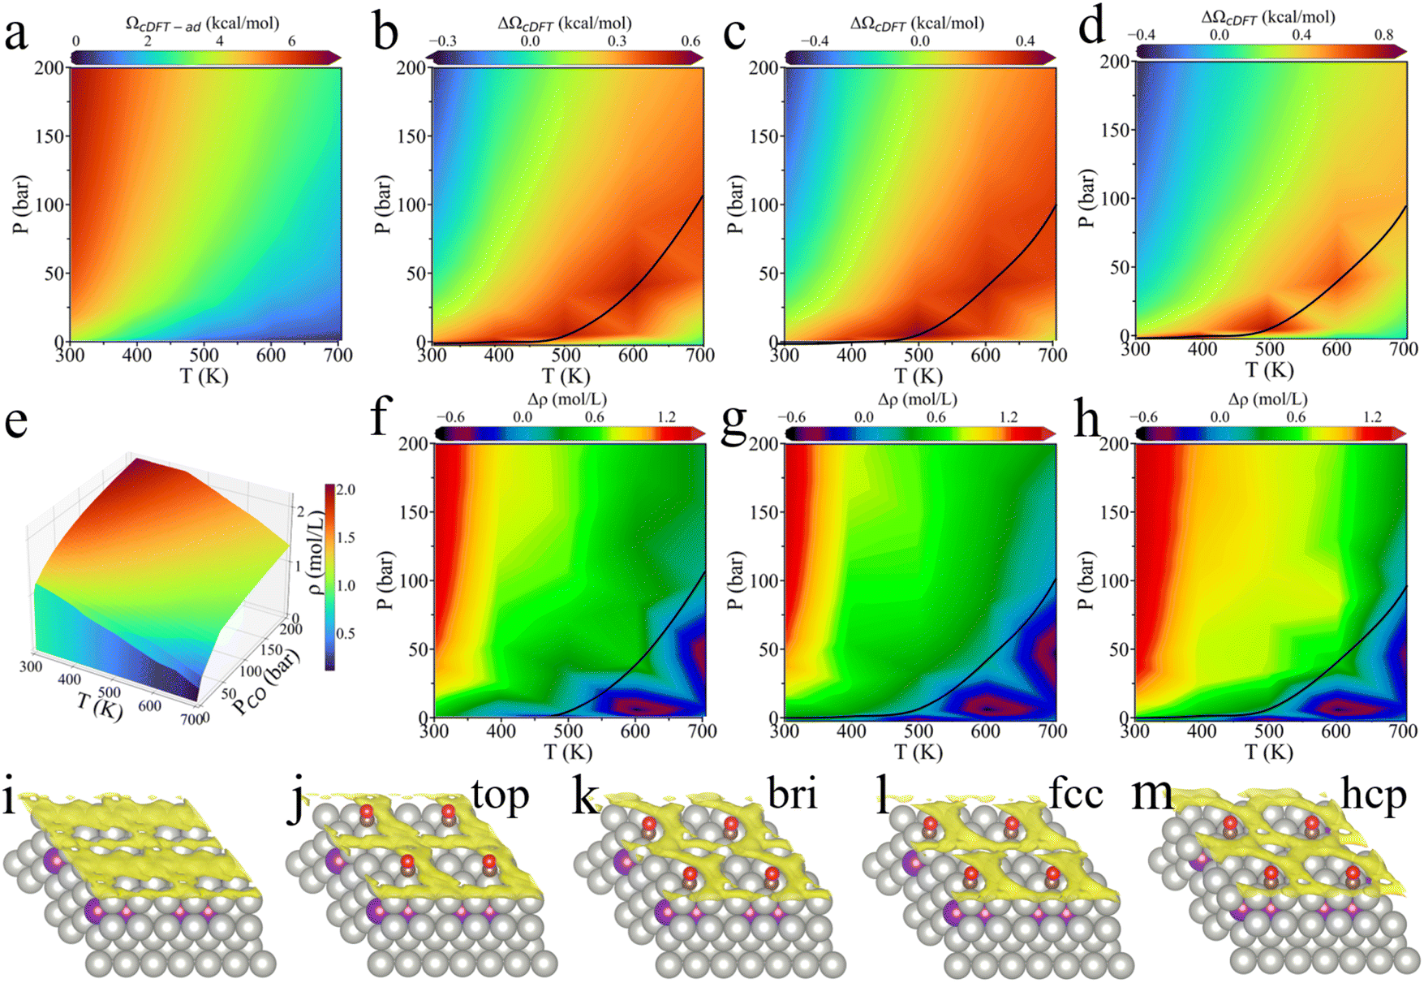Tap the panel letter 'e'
click(15, 423)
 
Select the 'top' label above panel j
click(501, 795)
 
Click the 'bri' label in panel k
click(791, 794)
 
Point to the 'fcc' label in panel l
click(1076, 793)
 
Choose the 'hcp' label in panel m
click(1373, 795)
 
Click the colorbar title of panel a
click(202, 24)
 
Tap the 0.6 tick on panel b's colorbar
click(690, 41)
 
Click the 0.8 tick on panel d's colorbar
click(1383, 34)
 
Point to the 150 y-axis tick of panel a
click(50, 136)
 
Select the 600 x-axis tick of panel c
click(985, 355)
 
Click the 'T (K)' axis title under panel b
click(566, 376)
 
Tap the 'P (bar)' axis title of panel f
click(385, 580)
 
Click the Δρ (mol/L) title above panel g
click(917, 399)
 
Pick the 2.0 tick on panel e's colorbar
click(346, 489)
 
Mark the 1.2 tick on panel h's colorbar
click(1371, 417)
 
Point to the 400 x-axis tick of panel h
click(1202, 731)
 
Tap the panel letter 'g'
click(734, 423)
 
